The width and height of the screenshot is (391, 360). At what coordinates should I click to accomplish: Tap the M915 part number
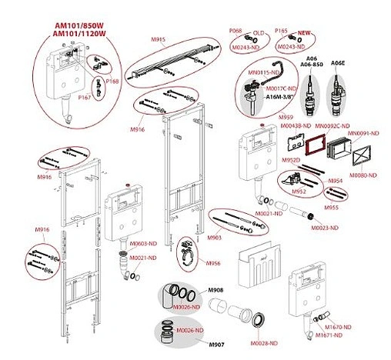coord(159,39)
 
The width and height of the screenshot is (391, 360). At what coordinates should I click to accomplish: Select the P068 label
coord(236,29)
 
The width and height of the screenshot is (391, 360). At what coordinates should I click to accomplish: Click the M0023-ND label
coord(326,228)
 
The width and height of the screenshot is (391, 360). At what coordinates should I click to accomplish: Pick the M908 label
coord(217,289)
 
